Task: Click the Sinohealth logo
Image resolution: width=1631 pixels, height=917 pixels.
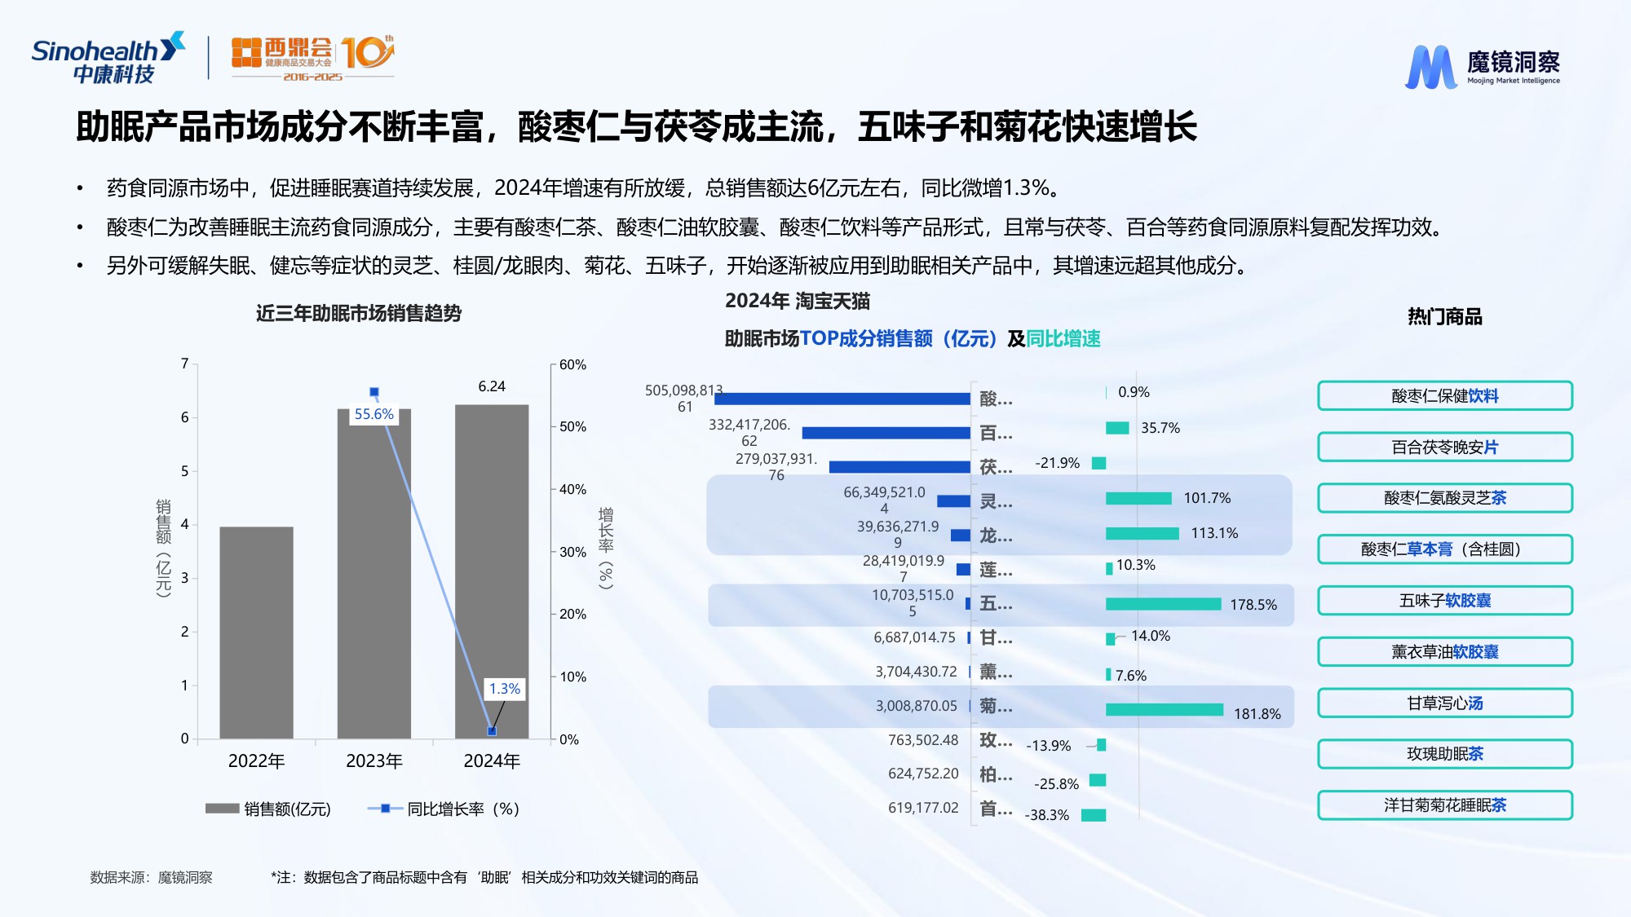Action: coord(108,59)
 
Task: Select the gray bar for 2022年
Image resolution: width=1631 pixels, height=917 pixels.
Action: coord(256,633)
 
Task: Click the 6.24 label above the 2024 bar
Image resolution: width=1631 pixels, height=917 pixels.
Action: coord(492,386)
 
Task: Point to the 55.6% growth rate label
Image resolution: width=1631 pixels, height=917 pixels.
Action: coord(373,414)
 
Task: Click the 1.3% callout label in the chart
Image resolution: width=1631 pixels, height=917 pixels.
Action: coord(504,689)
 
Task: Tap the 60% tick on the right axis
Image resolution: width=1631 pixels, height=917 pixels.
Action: coord(572,364)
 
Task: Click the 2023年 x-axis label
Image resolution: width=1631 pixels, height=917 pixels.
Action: coord(374,760)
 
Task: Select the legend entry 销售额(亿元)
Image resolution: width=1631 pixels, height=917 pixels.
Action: coord(268,809)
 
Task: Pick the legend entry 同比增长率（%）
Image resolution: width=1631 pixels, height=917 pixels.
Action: coord(444,809)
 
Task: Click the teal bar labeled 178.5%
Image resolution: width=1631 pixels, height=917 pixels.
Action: coord(1163,604)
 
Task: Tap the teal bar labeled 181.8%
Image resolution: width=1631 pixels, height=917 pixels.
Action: coord(1165,710)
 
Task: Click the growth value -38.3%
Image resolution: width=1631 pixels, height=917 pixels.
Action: coord(1046,815)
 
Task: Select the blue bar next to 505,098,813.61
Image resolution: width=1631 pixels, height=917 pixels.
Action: coord(842,399)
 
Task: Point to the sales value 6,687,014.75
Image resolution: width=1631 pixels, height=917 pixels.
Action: coord(914,637)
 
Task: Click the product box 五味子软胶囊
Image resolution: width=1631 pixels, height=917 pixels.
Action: coord(1444,601)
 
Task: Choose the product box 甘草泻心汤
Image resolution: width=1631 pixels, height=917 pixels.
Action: coord(1444,703)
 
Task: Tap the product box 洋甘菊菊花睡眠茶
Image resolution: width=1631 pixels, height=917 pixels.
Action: coord(1444,805)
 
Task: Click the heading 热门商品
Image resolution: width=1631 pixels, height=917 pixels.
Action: coord(1444,317)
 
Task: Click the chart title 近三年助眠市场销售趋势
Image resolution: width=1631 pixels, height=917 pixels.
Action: coord(359,314)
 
